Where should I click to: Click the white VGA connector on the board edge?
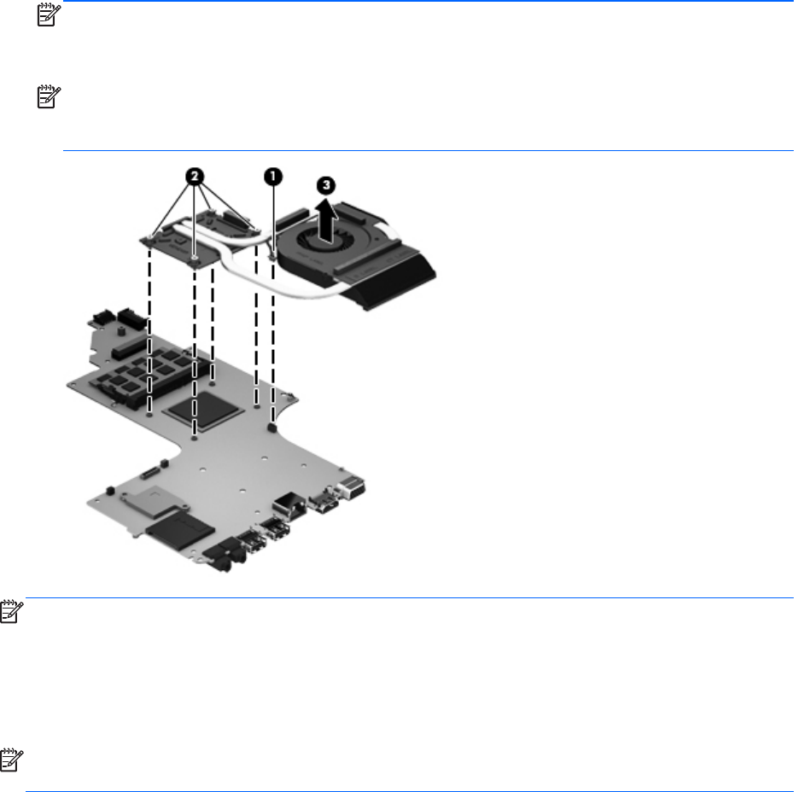pyautogui.click(x=351, y=489)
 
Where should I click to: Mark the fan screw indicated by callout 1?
pyautogui.click(x=269, y=253)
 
